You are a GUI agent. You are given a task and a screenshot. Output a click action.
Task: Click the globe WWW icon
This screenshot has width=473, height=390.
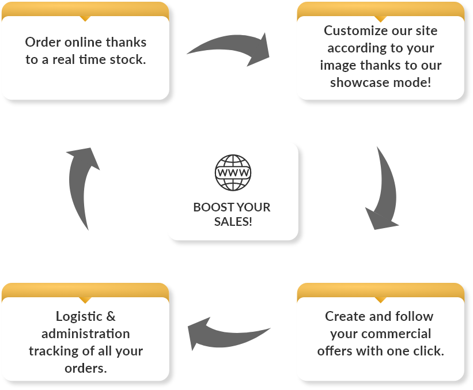pyautogui.click(x=233, y=173)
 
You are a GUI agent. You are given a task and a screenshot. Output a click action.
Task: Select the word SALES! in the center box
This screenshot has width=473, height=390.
pyautogui.click(x=232, y=221)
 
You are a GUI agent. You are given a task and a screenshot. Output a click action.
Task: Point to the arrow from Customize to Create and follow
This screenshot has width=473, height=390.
pyautogui.click(x=382, y=190)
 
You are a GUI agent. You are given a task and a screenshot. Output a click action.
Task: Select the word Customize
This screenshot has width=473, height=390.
pyautogui.click(x=353, y=31)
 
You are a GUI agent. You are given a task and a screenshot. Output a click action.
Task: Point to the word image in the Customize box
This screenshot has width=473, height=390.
pyautogui.click(x=338, y=65)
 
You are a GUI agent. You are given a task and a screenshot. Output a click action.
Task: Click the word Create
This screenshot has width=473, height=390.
pyautogui.click(x=344, y=316)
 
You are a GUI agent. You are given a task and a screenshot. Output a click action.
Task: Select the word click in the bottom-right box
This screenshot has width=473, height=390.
pyautogui.click(x=428, y=350)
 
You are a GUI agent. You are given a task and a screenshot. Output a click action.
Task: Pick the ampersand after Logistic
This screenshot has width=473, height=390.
pyautogui.click(x=111, y=316)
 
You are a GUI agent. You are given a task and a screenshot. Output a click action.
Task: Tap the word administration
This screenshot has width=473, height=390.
pyautogui.click(x=85, y=334)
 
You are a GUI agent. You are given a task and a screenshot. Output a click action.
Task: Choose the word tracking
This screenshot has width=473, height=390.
pyautogui.click(x=53, y=351)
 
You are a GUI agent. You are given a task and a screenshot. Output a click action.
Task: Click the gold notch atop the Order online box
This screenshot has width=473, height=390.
pyautogui.click(x=85, y=18)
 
